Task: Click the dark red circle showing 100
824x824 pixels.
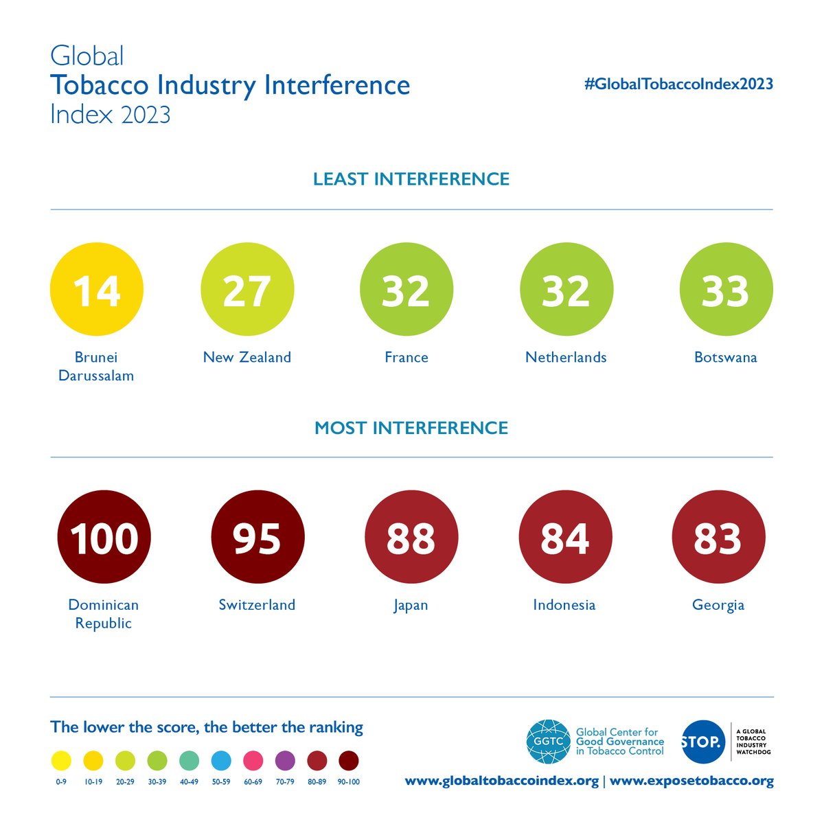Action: click(x=104, y=537)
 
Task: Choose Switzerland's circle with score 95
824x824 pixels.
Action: click(x=257, y=537)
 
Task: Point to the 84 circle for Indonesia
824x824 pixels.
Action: click(x=564, y=537)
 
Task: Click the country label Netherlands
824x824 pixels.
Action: click(x=566, y=357)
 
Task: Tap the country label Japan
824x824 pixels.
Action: click(x=411, y=605)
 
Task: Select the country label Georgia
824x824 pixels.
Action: click(x=718, y=605)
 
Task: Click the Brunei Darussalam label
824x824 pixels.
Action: click(x=96, y=366)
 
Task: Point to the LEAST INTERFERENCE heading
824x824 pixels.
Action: click(x=411, y=179)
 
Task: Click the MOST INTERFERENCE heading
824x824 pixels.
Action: click(x=411, y=428)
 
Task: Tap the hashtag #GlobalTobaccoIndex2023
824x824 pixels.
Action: click(x=678, y=84)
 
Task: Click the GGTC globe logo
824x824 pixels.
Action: click(x=548, y=742)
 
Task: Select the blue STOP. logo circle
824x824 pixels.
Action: click(x=702, y=742)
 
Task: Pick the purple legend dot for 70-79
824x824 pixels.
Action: click(x=285, y=761)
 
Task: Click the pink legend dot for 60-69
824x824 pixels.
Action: click(x=253, y=761)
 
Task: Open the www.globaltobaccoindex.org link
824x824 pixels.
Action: click(x=501, y=781)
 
